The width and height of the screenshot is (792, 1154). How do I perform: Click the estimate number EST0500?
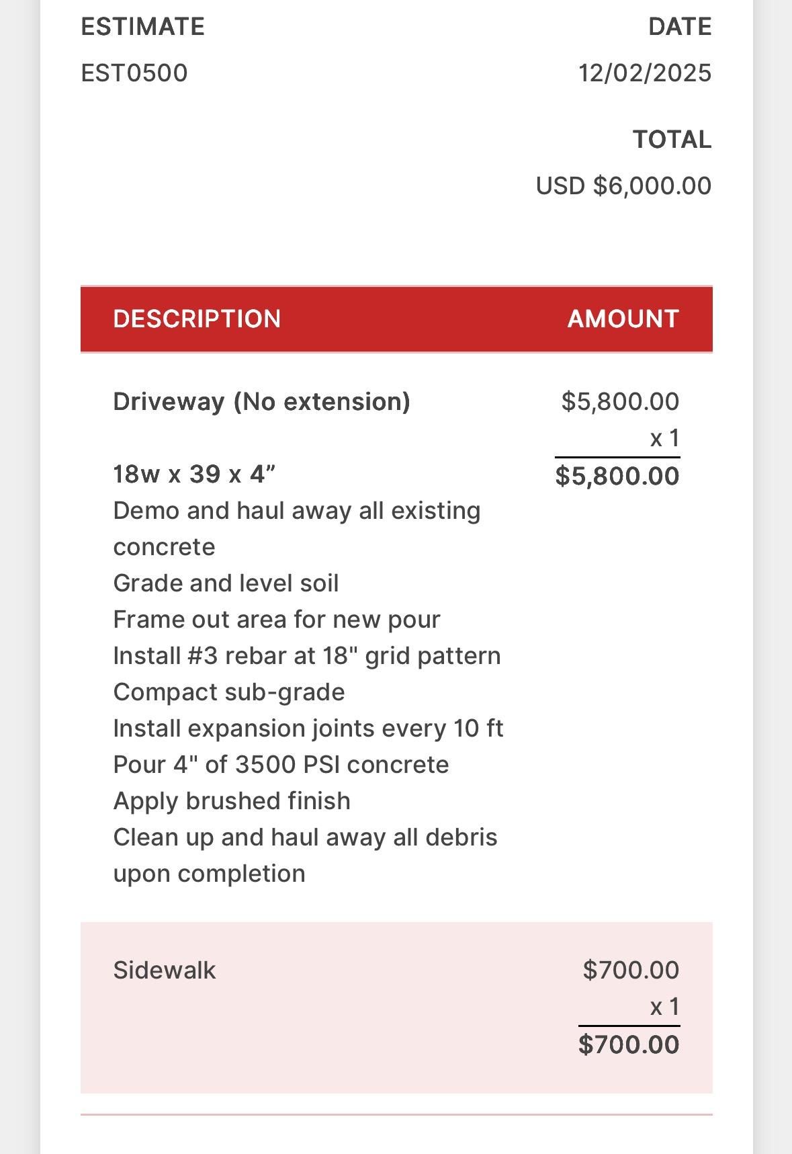tap(134, 73)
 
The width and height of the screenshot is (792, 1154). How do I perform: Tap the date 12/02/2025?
tap(645, 73)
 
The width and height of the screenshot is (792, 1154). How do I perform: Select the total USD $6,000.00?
tap(623, 186)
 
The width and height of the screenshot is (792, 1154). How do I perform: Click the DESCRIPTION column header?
tap(197, 319)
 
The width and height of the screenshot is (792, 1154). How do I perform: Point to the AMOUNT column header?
tap(623, 319)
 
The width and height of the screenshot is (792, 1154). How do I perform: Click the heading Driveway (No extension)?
tap(261, 402)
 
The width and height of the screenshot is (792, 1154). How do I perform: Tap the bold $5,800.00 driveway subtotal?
tap(617, 476)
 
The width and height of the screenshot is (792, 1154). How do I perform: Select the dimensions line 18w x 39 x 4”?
tap(194, 475)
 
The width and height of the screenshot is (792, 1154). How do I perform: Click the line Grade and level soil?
tap(226, 583)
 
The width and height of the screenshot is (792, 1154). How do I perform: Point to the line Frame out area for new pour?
tap(277, 620)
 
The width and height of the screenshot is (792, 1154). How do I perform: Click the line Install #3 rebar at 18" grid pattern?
tap(307, 656)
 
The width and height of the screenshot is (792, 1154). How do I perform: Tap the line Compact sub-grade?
tap(229, 692)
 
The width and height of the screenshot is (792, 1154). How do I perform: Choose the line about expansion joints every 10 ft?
tap(308, 729)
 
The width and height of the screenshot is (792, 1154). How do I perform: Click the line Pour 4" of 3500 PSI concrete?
tap(281, 765)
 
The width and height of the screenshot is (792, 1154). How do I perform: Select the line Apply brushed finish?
tap(232, 801)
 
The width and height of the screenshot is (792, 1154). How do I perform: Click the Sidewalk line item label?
tap(165, 971)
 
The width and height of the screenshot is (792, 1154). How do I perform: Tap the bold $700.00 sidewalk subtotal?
tap(629, 1044)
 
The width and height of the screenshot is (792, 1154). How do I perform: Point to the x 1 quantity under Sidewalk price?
tap(664, 1007)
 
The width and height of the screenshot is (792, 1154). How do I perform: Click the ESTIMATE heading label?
tap(142, 27)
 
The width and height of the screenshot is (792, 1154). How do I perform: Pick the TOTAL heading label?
tap(672, 140)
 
